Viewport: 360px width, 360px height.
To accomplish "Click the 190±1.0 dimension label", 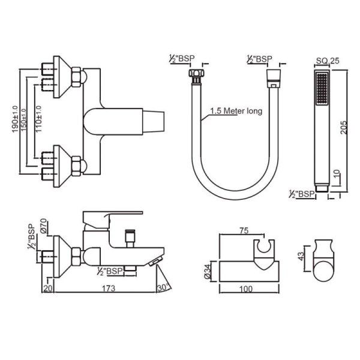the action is (15, 119).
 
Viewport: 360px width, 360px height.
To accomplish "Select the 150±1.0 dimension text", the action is (23, 120).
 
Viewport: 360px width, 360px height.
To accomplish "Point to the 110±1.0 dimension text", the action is (38, 119).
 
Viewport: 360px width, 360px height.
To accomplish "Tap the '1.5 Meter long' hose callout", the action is (236, 111).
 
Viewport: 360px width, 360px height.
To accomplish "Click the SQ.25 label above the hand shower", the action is (328, 61).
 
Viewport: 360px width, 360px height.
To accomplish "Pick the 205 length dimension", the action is (344, 127).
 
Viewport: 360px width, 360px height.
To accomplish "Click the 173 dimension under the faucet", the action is (109, 288).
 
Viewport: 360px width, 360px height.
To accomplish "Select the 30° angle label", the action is (164, 287).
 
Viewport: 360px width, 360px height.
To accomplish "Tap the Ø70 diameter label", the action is (44, 226).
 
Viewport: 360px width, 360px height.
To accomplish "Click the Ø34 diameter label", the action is (208, 272).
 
